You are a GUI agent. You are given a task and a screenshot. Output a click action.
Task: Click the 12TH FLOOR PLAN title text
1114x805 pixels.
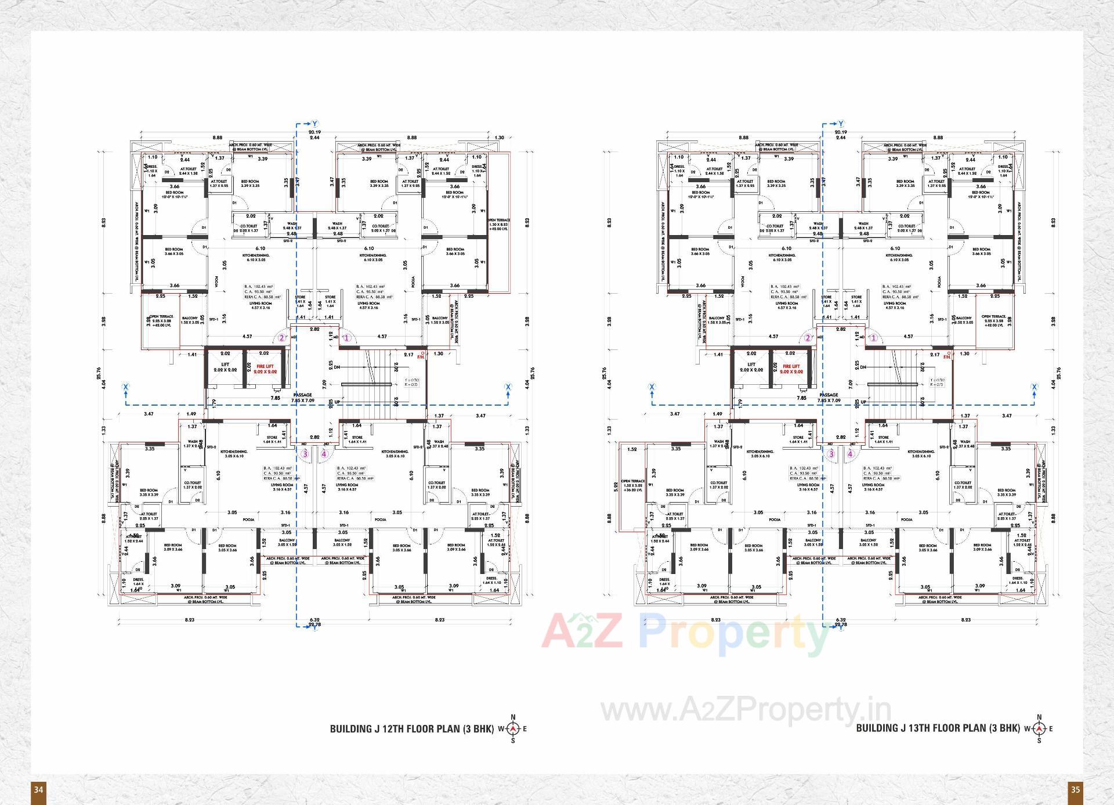(x=411, y=728)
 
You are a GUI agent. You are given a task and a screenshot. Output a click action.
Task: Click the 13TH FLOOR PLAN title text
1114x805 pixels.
(x=938, y=728)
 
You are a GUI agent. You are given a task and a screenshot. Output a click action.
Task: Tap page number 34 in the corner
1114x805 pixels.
(x=38, y=789)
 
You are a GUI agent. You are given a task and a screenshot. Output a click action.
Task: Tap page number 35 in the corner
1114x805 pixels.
(x=1075, y=789)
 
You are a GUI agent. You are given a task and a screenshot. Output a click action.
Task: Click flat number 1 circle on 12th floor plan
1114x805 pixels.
(x=347, y=338)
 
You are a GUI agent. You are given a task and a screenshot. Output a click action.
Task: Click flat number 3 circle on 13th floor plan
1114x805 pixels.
(x=831, y=454)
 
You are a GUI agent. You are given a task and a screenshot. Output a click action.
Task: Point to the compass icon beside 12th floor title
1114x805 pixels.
(x=512, y=728)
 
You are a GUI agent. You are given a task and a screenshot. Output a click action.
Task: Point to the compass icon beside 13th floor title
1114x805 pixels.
(x=1039, y=728)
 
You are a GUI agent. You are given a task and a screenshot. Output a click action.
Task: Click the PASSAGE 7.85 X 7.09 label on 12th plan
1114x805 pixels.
(x=302, y=398)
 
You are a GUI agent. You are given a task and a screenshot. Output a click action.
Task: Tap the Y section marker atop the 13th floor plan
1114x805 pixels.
(x=841, y=124)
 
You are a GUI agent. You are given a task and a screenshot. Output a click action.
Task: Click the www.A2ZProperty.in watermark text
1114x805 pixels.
(x=746, y=709)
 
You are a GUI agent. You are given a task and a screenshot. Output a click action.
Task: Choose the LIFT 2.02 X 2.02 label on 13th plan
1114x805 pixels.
(x=751, y=367)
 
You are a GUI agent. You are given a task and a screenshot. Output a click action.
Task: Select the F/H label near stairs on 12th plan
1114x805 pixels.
(x=421, y=357)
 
